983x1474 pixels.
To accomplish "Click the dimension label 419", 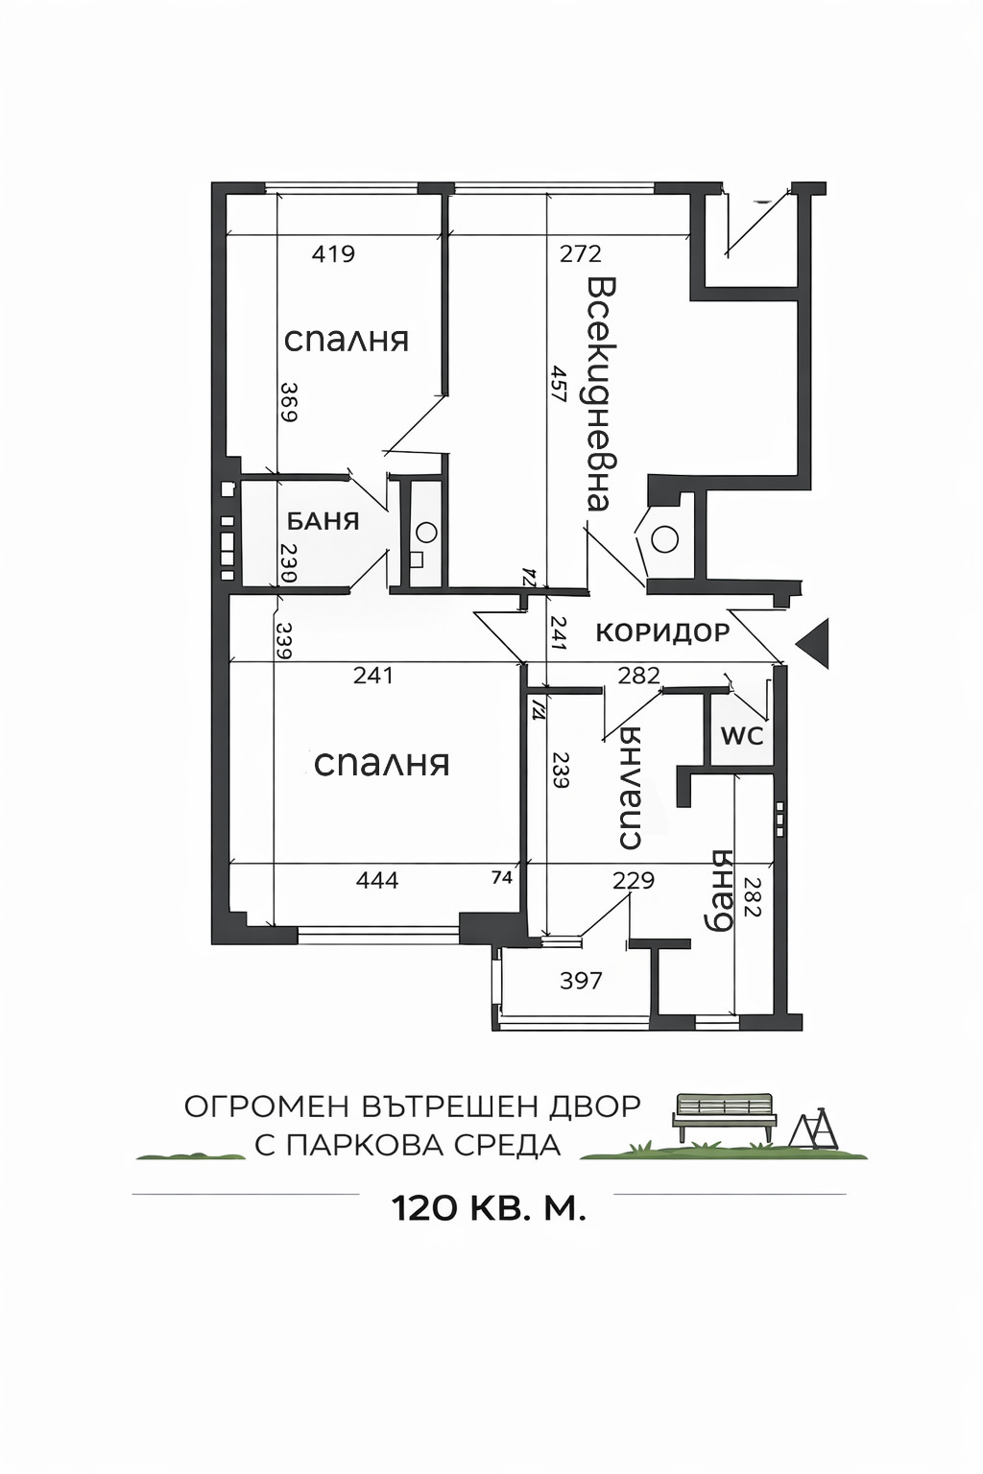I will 333,253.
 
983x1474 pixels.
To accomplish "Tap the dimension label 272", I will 581,253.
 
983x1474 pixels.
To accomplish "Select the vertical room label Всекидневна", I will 600,394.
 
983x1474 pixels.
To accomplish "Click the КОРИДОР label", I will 662,632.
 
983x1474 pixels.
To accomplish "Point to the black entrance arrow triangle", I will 813,642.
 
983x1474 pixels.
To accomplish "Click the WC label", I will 742,736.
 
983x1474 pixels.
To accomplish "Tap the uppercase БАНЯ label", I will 323,521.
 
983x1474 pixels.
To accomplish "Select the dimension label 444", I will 376,880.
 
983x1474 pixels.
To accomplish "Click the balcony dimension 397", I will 581,980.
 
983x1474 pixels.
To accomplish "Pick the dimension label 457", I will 558,384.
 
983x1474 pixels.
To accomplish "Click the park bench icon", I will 724,1116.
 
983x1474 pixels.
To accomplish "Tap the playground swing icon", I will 813,1129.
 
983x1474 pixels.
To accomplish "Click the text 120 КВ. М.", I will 488,1208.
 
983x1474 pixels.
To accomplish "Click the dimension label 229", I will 634,880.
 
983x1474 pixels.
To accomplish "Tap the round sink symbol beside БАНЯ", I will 427,531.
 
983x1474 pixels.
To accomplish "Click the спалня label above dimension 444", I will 381,764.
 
